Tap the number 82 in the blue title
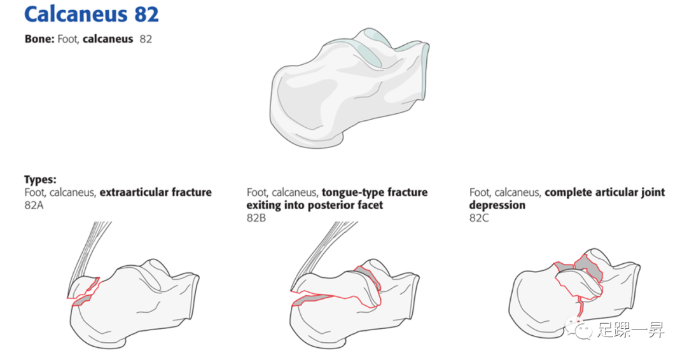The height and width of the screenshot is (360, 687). [146, 15]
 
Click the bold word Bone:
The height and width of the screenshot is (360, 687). [39, 39]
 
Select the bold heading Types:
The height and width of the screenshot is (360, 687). [40, 179]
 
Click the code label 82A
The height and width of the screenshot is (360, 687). [35, 205]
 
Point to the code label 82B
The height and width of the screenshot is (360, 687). [258, 218]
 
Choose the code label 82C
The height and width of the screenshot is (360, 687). [480, 218]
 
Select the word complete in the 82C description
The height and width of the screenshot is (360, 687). [567, 192]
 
